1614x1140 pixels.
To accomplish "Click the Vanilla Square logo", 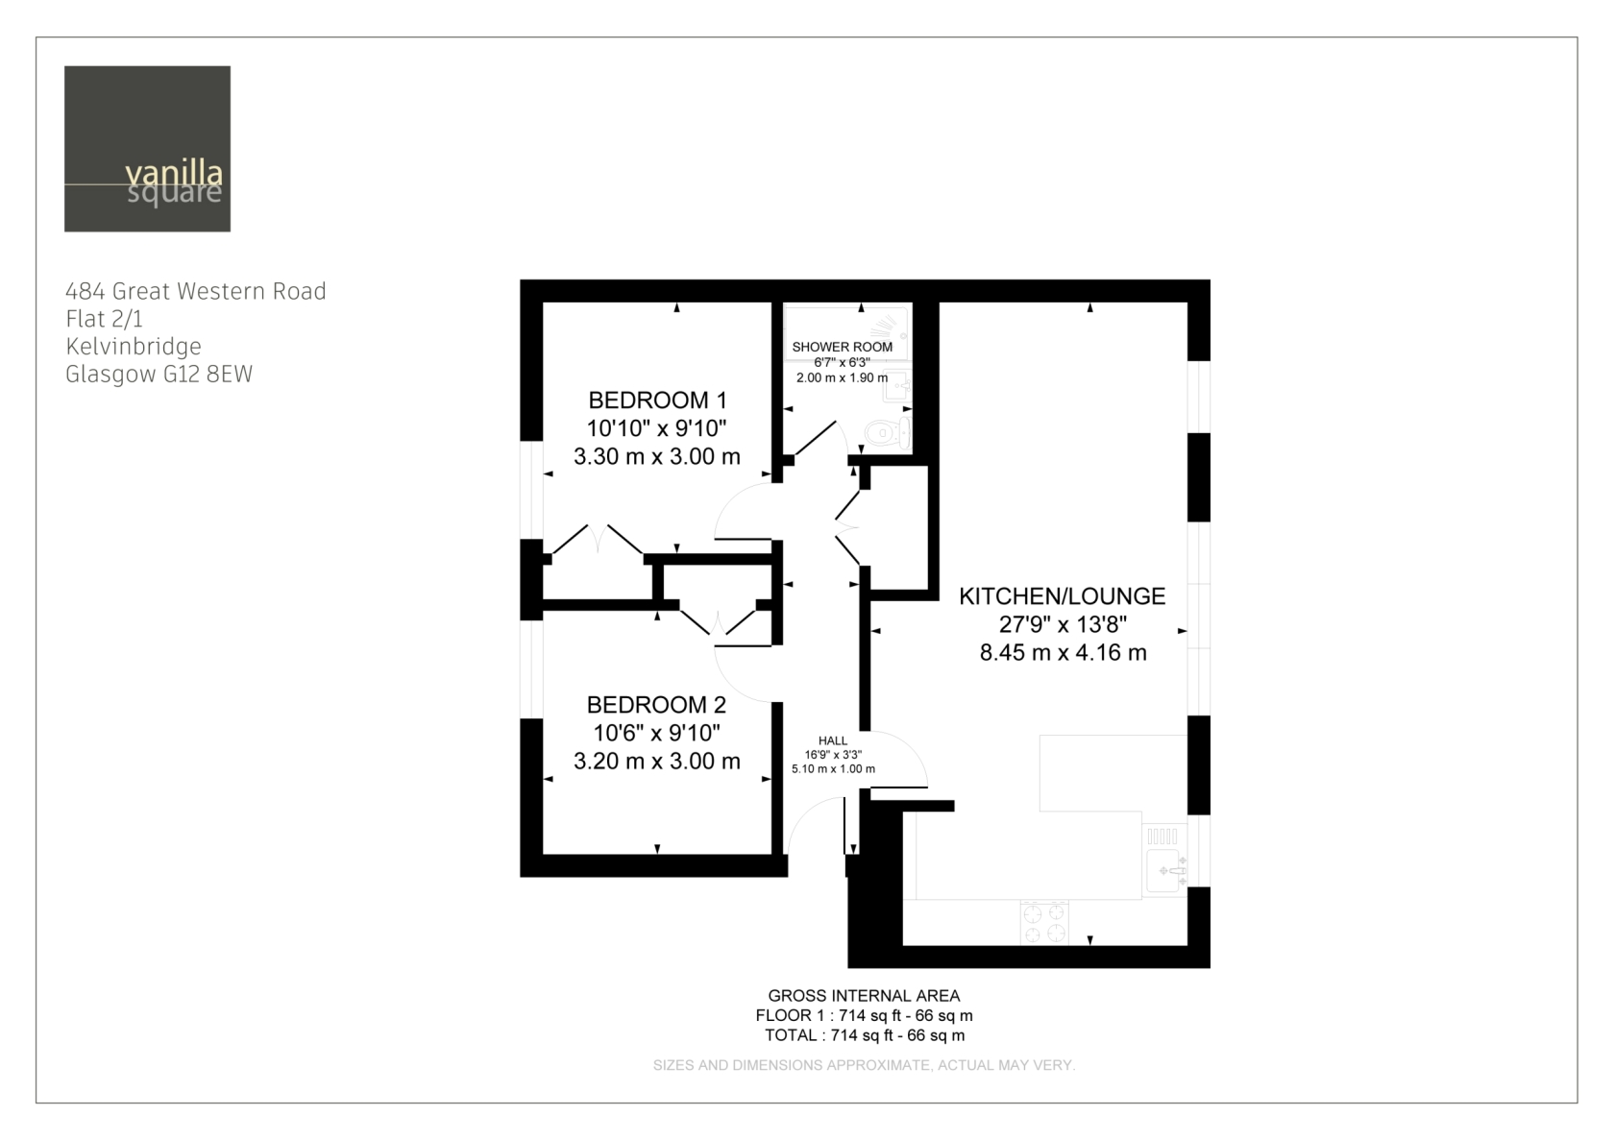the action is (x=147, y=148).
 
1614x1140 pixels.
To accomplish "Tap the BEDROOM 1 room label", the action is (x=657, y=400).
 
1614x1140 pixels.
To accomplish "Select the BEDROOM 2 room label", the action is (x=656, y=704).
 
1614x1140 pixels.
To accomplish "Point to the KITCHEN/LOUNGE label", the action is (x=1063, y=596).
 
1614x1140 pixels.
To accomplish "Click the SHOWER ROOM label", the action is (x=843, y=347).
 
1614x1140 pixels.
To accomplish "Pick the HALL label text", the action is (x=833, y=740).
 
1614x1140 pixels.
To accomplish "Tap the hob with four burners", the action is (x=1044, y=923).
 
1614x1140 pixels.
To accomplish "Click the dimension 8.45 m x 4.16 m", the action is (x=1063, y=652).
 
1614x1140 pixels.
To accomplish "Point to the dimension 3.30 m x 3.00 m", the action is (x=657, y=456).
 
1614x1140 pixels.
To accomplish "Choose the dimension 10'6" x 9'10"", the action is (x=656, y=733).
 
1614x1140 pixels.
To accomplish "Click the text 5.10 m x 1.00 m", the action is (x=834, y=769).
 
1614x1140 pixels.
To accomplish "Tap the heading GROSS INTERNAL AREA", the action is (x=864, y=996).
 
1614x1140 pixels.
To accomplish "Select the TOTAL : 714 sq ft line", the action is (x=865, y=1035).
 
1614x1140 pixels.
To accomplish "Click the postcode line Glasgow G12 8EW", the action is (x=159, y=375).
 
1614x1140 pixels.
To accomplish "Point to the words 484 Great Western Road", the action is (x=196, y=291).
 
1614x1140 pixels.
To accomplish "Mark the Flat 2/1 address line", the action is (x=104, y=319).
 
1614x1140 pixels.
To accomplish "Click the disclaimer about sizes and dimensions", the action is (x=864, y=1065).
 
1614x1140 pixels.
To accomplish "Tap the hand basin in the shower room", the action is (x=897, y=386).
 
